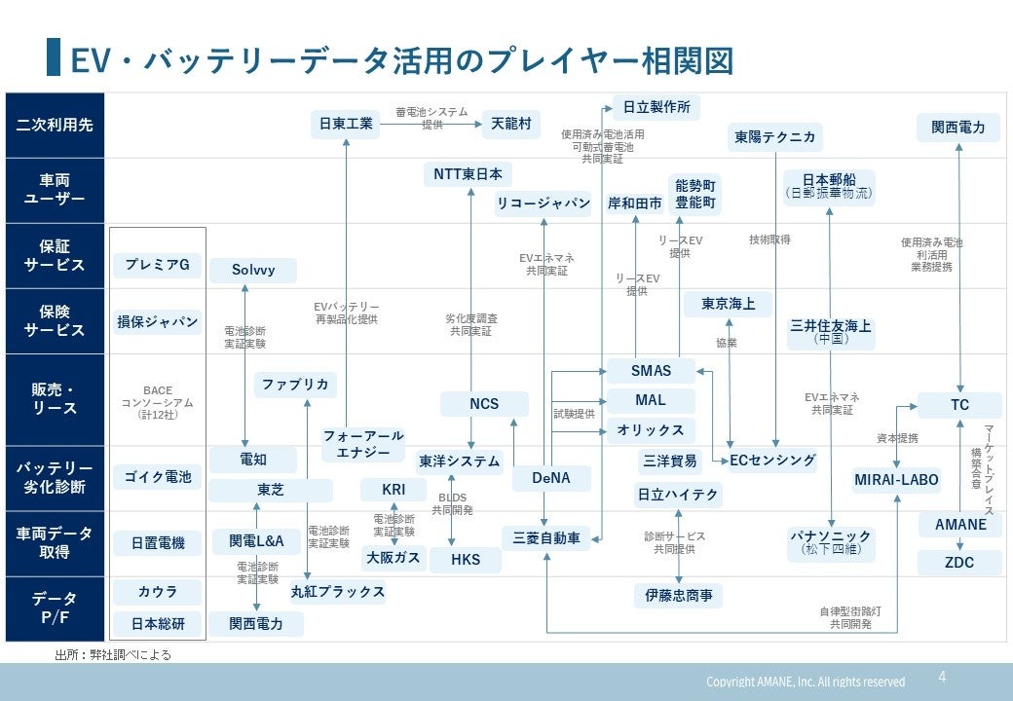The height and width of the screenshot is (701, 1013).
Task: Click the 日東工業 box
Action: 347,125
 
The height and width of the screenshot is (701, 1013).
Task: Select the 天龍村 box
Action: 511,125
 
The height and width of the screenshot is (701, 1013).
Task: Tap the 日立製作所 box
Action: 657,107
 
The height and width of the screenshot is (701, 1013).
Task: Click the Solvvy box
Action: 253,270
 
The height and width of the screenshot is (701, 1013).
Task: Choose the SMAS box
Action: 651,371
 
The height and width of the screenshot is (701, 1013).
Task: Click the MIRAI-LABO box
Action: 896,480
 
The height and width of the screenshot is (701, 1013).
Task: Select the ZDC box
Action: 959,562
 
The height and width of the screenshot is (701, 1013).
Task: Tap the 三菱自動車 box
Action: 546,537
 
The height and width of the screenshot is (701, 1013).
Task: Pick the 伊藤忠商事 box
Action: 679,595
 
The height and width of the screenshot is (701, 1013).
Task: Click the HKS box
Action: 465,560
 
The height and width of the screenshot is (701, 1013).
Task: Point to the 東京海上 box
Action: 728,305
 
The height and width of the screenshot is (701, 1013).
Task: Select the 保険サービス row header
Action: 55,320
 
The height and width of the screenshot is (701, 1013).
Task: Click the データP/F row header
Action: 55,609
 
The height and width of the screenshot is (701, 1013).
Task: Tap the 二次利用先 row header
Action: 55,125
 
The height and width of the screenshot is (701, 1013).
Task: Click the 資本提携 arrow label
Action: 897,438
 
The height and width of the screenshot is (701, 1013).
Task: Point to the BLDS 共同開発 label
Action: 453,503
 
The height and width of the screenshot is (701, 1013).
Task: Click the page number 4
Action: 942,677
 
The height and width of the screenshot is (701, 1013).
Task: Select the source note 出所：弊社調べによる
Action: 112,655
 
